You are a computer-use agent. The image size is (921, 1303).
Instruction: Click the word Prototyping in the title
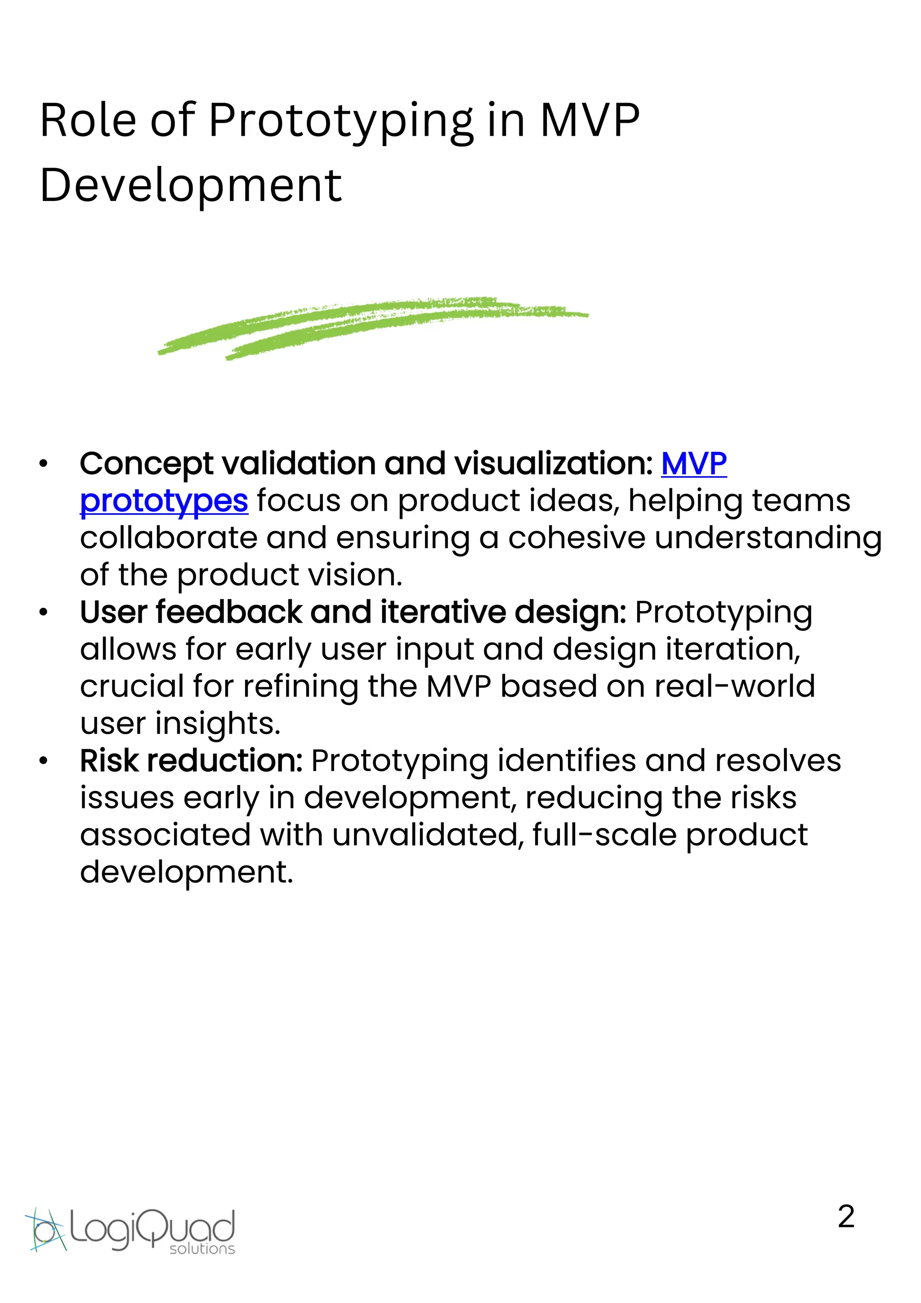341,121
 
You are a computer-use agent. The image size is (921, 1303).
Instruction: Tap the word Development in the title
191,186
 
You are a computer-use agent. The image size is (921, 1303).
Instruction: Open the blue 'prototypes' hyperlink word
164,502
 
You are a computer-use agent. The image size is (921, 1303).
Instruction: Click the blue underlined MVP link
693,464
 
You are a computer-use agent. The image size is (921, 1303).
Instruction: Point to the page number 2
845,1217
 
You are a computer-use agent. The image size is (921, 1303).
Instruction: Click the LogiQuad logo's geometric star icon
45,1229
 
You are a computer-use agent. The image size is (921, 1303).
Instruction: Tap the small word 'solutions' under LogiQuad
202,1248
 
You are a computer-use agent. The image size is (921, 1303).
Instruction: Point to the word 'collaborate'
169,538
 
